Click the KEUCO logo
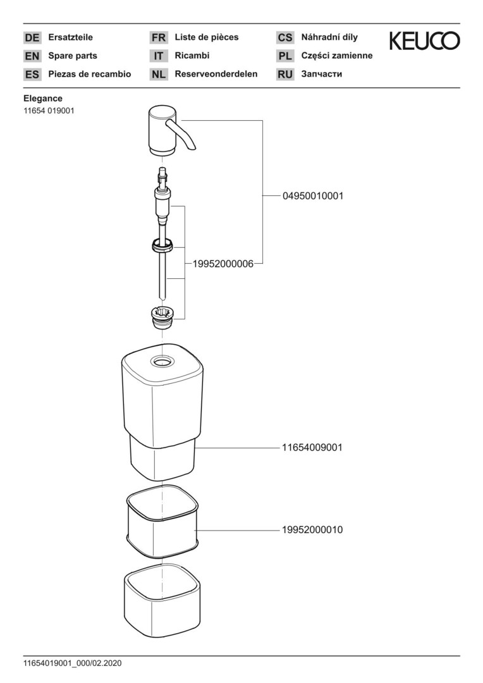point(424,41)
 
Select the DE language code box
point(32,38)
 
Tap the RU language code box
point(285,75)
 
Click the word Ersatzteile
point(71,37)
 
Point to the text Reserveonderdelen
point(216,74)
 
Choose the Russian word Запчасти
point(322,74)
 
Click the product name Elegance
point(43,99)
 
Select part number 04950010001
point(313,196)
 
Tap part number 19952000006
point(219,264)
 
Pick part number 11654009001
point(312,447)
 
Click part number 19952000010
point(312,529)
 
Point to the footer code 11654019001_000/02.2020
point(72,663)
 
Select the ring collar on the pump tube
point(163,244)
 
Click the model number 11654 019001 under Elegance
point(50,111)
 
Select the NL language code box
point(158,75)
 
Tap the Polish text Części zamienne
point(337,56)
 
